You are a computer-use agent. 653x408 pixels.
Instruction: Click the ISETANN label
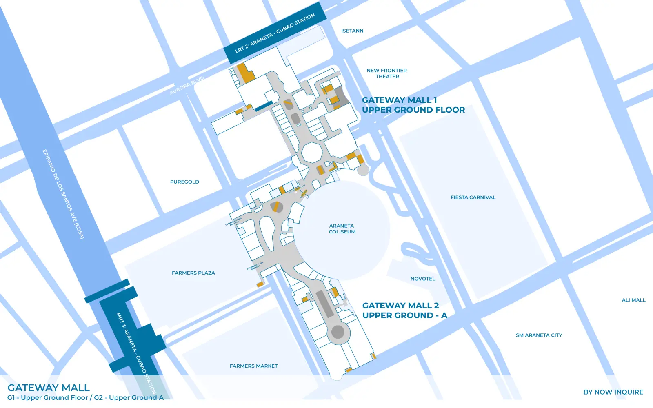[352, 31]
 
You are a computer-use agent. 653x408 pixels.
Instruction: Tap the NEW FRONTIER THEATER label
[387, 73]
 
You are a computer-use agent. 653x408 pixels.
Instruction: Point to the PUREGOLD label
[184, 182]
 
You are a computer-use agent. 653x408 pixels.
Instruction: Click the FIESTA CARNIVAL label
[473, 197]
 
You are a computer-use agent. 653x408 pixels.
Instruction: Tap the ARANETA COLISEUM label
[342, 229]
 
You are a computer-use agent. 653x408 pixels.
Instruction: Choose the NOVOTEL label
[423, 279]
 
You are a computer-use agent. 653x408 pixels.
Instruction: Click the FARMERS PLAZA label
[193, 273]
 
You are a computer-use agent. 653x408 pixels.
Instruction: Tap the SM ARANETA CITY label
[539, 335]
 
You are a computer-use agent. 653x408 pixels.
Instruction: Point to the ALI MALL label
[633, 300]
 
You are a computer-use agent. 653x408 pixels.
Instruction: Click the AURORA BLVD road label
[187, 86]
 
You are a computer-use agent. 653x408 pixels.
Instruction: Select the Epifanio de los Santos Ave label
[63, 194]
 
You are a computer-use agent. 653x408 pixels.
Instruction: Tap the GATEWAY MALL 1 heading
[400, 100]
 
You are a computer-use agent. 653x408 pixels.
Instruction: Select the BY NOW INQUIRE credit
[613, 392]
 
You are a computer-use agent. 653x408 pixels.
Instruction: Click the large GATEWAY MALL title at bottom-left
[49, 388]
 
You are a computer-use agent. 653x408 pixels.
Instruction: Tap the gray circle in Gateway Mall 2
[338, 332]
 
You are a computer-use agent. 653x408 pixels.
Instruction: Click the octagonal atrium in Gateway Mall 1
[312, 153]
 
